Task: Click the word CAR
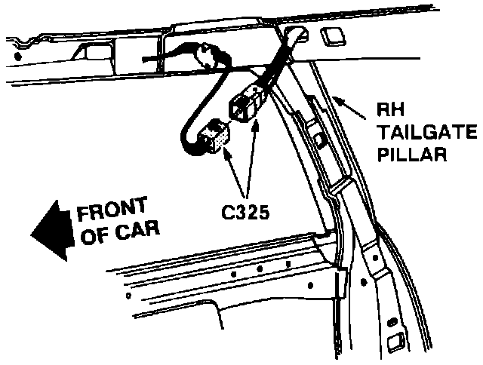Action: pyautogui.click(x=138, y=232)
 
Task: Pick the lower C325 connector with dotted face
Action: pyautogui.click(x=219, y=136)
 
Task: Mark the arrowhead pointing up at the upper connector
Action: pyautogui.click(x=254, y=124)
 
